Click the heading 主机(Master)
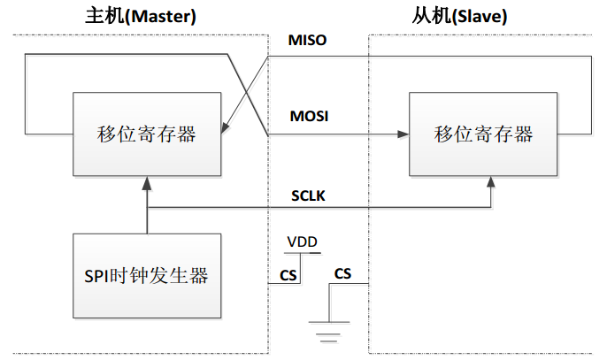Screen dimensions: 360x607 [x=141, y=15]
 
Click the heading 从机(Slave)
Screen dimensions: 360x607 [x=472, y=15]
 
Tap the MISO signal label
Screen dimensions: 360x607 [x=308, y=41]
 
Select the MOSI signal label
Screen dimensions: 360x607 [x=309, y=116]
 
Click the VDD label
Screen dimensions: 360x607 [x=303, y=241]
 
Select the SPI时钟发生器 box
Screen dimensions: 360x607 [x=146, y=275]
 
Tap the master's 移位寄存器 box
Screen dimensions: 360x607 [x=146, y=134]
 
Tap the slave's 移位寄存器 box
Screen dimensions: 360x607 [x=483, y=134]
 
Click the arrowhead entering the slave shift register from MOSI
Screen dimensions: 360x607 [x=403, y=134]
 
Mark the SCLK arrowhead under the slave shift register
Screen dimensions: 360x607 [x=492, y=180]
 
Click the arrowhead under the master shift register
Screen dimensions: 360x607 [x=147, y=180]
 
